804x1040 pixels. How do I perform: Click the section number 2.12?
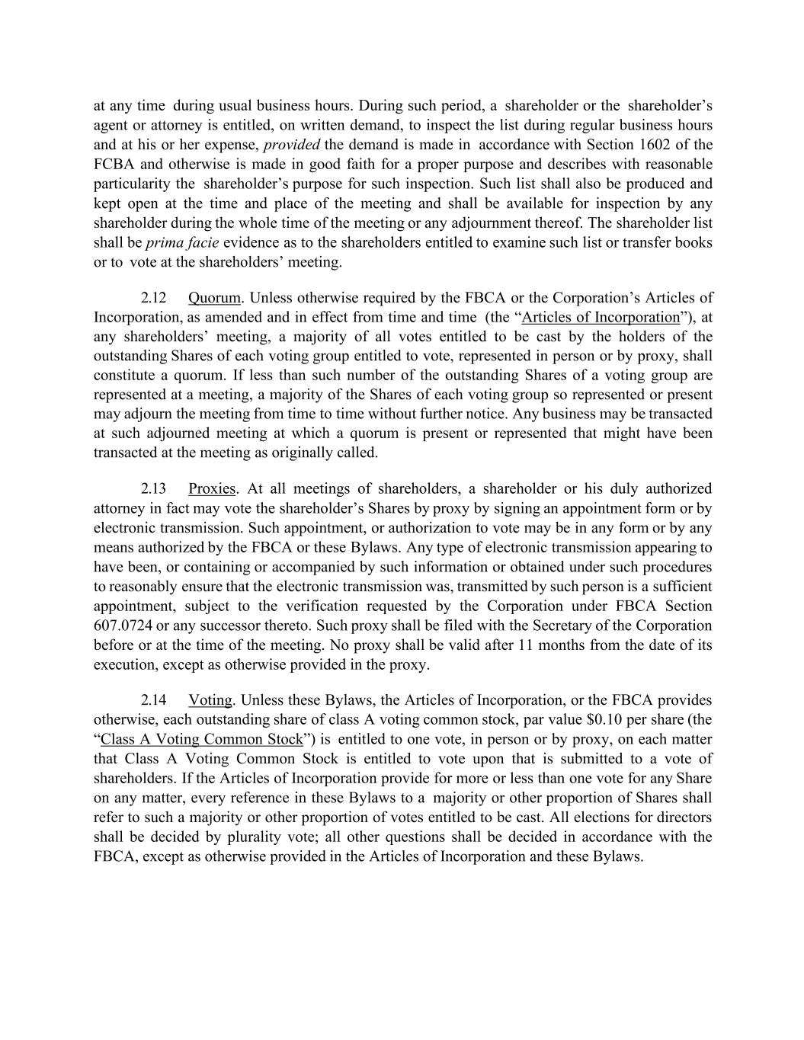pos(154,298)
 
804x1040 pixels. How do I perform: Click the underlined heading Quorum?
pos(214,298)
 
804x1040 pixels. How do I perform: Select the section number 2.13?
pos(154,488)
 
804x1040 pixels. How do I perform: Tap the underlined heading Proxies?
pos(212,488)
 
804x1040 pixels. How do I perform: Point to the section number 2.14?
pos(154,700)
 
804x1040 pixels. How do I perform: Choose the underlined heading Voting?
pos(210,700)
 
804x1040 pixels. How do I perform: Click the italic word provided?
pos(291,145)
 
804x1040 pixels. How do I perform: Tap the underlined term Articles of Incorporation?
pos(600,318)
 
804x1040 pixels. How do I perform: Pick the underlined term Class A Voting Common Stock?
pos(202,739)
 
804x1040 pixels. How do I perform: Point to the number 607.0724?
pos(123,626)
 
